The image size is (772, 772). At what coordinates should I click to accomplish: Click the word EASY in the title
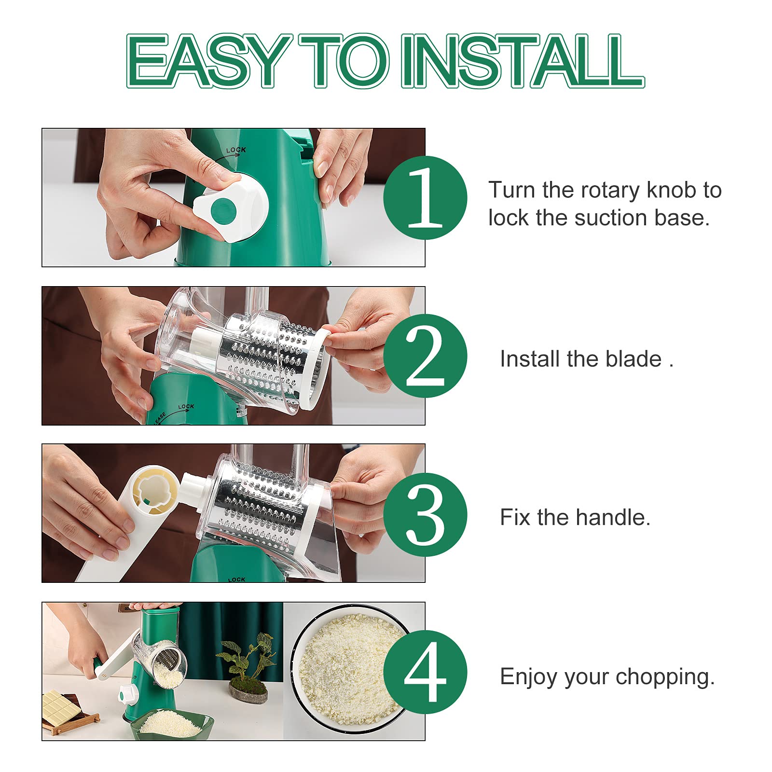(x=208, y=61)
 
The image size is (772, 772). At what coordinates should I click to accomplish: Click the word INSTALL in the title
(x=523, y=61)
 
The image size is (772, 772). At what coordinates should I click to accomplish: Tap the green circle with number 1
(x=425, y=197)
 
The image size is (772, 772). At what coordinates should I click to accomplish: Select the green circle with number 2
(x=425, y=356)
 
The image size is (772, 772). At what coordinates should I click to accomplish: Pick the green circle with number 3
(x=425, y=514)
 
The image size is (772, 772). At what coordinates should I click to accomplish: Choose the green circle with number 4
(x=425, y=672)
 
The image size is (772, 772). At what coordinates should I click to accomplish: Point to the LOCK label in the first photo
(x=236, y=150)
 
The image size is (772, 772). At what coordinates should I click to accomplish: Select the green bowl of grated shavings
(x=172, y=723)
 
